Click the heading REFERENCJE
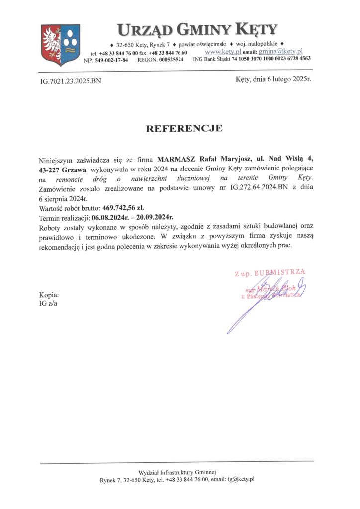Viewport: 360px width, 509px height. point(183,128)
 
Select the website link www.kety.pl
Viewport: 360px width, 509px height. point(223,51)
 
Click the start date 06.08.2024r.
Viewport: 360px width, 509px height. point(110,217)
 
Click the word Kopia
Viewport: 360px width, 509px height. point(49,294)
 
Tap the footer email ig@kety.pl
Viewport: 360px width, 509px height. point(243,479)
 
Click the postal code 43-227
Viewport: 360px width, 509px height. point(50,170)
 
